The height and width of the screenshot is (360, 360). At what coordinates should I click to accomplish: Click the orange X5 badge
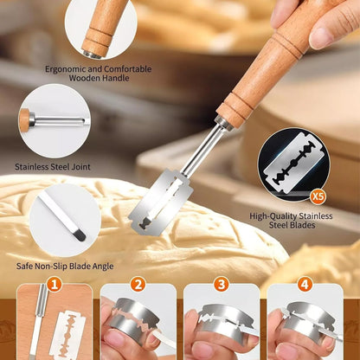pos(318,197)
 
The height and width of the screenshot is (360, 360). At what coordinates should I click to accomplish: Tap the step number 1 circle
pos(55,285)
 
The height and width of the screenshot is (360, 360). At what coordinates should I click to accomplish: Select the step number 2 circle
pos(138,285)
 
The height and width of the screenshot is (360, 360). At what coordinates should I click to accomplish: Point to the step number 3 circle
pos(222,285)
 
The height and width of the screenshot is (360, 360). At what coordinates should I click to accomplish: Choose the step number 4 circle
pos(305,285)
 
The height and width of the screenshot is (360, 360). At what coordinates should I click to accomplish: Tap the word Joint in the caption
pos(80,167)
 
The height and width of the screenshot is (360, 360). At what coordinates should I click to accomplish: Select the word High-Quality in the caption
pos(273,216)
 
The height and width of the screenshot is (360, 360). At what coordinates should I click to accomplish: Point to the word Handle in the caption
pos(114,78)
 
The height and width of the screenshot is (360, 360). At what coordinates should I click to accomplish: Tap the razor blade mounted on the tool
pos(161,202)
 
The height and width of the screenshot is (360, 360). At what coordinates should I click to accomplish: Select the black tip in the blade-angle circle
pos(80,235)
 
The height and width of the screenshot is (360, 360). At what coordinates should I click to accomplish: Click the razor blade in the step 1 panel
pos(67,336)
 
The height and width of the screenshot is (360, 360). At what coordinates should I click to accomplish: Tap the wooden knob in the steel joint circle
pos(24,120)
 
